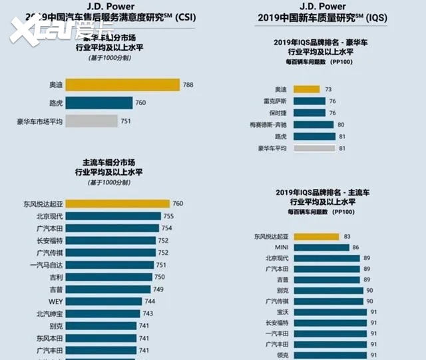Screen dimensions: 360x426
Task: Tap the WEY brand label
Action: coord(56,301)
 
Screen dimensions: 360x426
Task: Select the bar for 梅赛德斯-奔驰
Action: coord(320,124)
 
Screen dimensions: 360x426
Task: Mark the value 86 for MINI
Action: coord(356,247)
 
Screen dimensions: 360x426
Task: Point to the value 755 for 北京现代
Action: coord(169,216)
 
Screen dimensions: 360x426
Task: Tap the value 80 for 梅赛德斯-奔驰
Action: coord(341,124)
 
